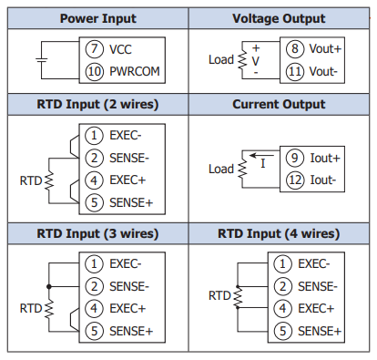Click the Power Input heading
point(98,19)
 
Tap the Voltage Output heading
point(279,19)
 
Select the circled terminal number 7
point(94,49)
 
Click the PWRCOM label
point(135,71)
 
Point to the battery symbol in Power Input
point(42,60)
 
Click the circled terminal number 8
point(295,48)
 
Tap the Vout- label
point(323,72)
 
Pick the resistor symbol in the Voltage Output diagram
point(242,60)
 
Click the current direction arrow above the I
point(261,156)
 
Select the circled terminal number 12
point(295,180)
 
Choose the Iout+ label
point(325,158)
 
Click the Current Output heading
point(279,105)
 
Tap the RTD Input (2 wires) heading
point(97,105)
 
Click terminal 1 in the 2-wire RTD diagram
point(94,135)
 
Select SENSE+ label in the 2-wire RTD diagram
point(131,202)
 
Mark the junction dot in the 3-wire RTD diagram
point(49,286)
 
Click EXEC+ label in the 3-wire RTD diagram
point(127,309)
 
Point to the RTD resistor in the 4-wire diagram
point(238,297)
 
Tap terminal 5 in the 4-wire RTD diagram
point(282,331)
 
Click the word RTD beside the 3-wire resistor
point(31,309)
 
